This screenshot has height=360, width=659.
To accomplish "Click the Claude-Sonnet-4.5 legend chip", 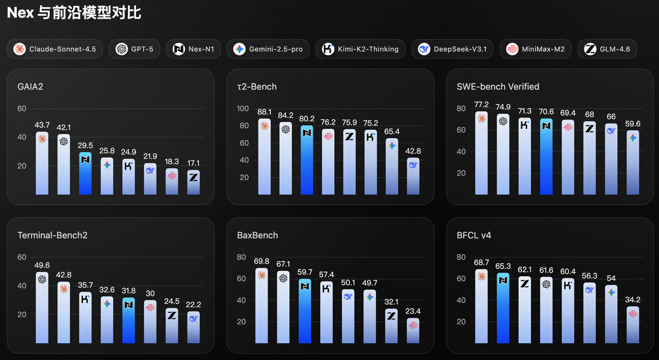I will (55, 49).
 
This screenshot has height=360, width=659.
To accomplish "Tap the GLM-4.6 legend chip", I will (607, 49).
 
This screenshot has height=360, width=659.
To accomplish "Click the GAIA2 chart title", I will (30, 87).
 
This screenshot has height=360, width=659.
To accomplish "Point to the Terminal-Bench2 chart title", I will (52, 236).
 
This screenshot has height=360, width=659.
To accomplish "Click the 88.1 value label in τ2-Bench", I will (264, 112).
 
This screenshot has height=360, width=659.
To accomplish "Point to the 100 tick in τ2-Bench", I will (244, 109).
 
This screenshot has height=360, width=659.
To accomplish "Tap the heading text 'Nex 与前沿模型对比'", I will (74, 13).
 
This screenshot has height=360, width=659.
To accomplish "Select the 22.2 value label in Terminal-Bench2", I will (193, 305).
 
